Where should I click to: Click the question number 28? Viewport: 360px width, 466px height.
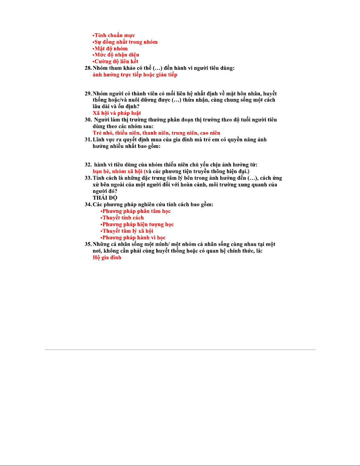88,68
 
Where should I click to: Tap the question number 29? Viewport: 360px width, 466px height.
88,94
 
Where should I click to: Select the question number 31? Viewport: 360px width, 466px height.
88,140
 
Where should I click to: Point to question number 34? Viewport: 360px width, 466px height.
88,205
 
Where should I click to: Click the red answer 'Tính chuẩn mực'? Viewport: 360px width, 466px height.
114,36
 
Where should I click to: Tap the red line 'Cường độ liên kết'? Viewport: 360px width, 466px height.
116,61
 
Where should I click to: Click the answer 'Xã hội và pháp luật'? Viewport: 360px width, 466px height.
117,113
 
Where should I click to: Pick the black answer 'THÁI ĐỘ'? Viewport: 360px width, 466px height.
105,198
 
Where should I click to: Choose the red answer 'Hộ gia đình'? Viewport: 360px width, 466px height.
107,258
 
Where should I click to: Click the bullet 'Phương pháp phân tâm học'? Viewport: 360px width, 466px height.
136,211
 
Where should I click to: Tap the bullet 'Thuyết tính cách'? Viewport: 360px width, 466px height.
123,218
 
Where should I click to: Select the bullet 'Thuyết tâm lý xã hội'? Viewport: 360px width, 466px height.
127,231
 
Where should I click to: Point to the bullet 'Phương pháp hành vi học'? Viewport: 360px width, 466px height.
133,238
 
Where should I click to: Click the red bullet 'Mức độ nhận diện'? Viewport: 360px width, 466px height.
116,55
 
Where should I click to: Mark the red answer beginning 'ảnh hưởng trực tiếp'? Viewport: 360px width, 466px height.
135,75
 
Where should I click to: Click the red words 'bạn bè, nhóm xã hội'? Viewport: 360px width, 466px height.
118,171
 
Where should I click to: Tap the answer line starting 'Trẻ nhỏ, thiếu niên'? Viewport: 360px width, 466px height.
156,133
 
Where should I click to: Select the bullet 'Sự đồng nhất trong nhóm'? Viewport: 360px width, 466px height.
125,42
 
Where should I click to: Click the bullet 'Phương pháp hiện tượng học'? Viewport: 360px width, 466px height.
138,225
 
